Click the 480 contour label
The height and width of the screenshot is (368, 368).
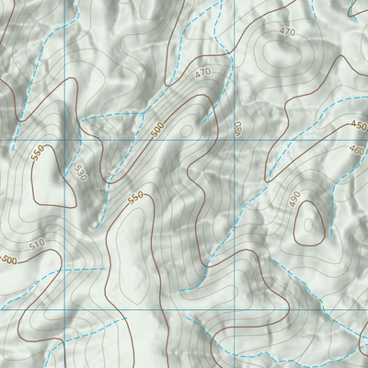(x=238, y=130)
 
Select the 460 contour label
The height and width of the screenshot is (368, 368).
(x=357, y=149)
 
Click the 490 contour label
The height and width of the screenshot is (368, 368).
(x=294, y=199)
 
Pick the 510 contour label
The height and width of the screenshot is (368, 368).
(x=36, y=246)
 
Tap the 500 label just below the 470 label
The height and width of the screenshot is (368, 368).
(x=158, y=132)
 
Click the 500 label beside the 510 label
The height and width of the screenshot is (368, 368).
(x=9, y=260)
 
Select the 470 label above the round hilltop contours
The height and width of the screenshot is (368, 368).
(x=287, y=32)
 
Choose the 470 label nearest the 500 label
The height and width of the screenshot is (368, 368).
(x=202, y=72)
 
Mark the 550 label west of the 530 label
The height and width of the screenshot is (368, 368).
(x=38, y=154)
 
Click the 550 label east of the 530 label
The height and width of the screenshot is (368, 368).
(x=136, y=197)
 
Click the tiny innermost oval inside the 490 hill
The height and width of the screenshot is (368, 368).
(x=305, y=221)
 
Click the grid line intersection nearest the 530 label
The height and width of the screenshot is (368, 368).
(x=67, y=140)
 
